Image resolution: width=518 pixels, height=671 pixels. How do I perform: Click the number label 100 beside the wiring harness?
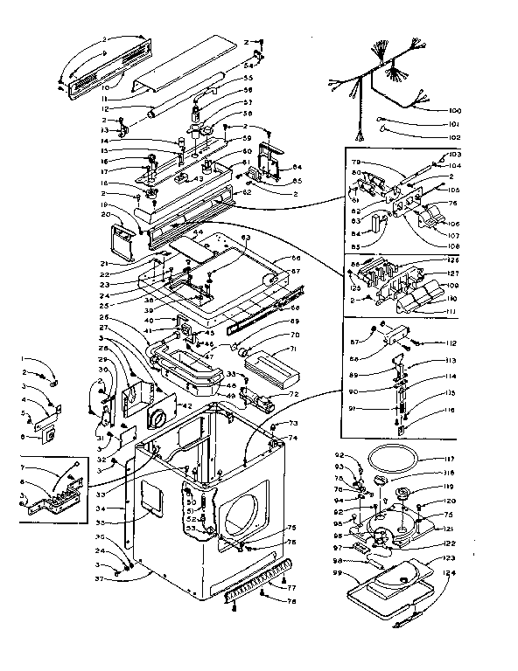[455, 112]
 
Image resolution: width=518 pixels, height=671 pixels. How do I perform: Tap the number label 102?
[454, 137]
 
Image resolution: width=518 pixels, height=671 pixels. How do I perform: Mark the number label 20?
[105, 214]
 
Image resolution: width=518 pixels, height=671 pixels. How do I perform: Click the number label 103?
[454, 155]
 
